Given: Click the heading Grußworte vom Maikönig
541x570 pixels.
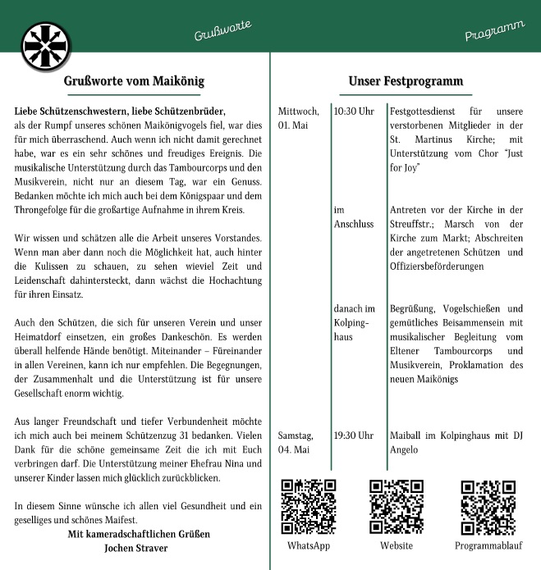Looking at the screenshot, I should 134,81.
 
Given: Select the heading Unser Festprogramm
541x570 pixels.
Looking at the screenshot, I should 405,81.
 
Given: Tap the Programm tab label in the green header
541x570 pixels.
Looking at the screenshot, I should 494,32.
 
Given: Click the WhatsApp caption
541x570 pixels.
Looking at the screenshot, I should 309,546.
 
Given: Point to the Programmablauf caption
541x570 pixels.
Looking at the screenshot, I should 488,546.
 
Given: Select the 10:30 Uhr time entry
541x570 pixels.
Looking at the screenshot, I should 354,111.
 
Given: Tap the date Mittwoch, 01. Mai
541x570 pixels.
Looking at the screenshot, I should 298,118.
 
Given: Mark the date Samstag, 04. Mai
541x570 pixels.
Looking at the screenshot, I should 296,442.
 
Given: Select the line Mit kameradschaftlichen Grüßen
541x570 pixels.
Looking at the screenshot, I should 139,534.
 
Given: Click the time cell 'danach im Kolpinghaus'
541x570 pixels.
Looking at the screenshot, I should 354,323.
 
